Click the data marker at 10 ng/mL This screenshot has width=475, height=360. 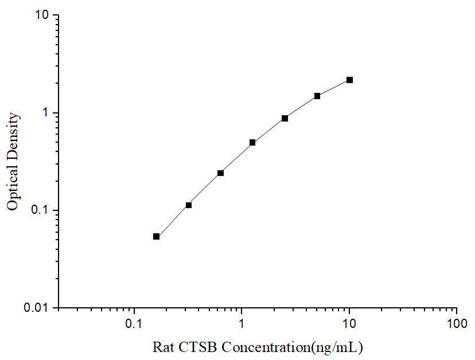pos(349,80)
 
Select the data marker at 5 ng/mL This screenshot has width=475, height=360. pos(317,96)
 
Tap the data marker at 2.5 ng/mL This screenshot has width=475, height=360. pos(285,118)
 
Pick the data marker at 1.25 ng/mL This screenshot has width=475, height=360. pos(252,142)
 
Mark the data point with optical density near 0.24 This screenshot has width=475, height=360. pos(220,173)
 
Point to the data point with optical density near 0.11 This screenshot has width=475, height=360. pos(189,205)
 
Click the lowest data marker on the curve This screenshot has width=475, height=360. pos(156,236)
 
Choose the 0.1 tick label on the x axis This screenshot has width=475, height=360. pos(134,324)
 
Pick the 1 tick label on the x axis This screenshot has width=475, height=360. pos(242,324)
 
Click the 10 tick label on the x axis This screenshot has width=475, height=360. pos(349,324)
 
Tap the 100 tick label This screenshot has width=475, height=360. pos(456,324)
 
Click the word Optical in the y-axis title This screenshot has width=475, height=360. pos(13,187)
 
